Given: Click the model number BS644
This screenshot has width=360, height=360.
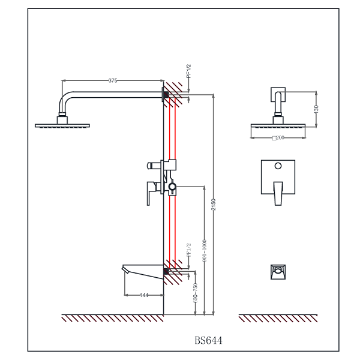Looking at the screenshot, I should click(x=208, y=340).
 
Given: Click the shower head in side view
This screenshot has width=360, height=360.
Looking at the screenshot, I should click(x=62, y=125).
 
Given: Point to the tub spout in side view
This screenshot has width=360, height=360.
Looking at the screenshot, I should click(x=143, y=269).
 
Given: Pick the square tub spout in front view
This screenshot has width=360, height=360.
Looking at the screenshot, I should click(x=277, y=271).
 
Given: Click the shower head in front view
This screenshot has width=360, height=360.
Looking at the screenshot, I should click(x=278, y=126).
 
